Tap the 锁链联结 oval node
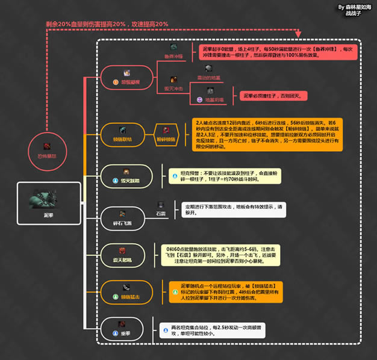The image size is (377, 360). (123, 133)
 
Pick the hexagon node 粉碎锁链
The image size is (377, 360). (167, 133)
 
